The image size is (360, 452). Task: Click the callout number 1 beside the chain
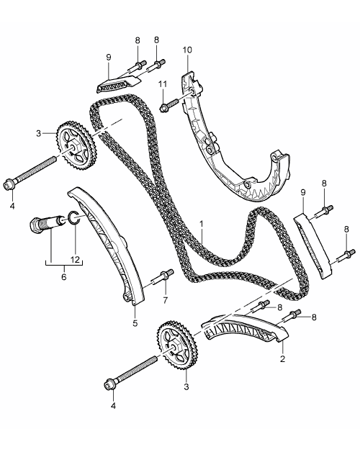[x=202, y=224]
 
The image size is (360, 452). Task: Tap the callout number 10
[x=187, y=50]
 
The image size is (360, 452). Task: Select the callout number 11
[x=163, y=84]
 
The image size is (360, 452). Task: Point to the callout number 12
[x=75, y=259]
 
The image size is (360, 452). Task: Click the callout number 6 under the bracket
[x=64, y=277]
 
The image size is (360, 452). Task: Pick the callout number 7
[x=166, y=300]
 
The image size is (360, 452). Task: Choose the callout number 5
[x=135, y=323]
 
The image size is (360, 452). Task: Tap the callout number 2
[x=282, y=359]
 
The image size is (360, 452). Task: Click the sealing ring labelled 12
[x=73, y=217]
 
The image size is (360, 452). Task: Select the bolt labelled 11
[x=168, y=105]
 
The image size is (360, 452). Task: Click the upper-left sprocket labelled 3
[x=77, y=145]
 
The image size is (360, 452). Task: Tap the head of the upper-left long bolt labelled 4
[x=9, y=184]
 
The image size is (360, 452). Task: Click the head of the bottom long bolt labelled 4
[x=110, y=384]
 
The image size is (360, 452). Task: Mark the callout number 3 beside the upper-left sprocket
[x=39, y=133]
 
